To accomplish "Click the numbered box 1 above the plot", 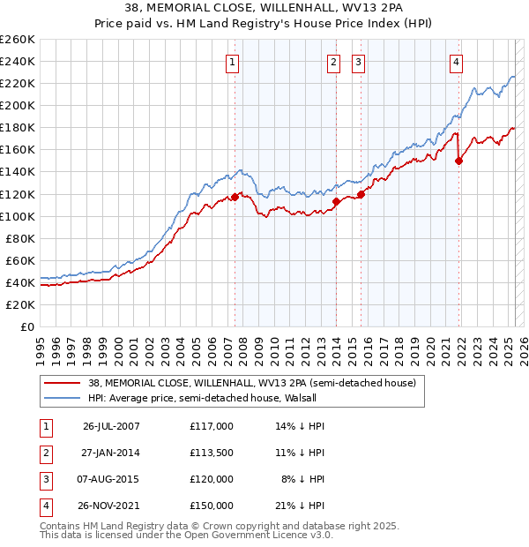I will (232, 62).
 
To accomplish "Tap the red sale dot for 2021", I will (459, 161).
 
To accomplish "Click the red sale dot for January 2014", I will (336, 201).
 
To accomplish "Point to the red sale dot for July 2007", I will (235, 197).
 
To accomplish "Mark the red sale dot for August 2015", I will (361, 194).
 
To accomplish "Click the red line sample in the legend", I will (63, 383).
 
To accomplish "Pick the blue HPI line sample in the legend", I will (63, 399).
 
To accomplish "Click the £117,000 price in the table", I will (211, 426).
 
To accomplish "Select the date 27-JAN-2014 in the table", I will (111, 453).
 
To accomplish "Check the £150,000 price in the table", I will (211, 506).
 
